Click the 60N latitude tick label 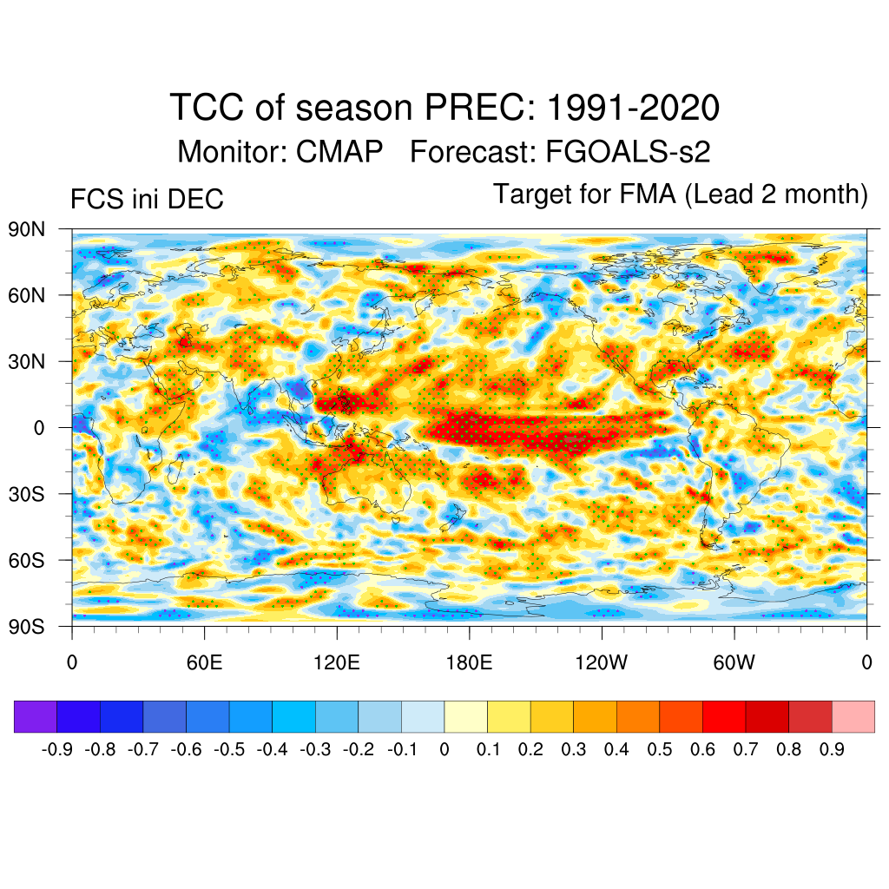coord(26,295)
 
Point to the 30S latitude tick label coord(26,494)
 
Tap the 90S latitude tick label coord(26,626)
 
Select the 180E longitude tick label coord(469,664)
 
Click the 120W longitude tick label coord(601,664)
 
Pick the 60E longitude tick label coord(205,664)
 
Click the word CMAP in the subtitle coord(339,152)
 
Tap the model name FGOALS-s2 coord(628,152)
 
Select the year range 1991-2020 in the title coord(633,109)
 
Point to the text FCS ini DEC coord(147,199)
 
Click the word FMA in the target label coord(646,194)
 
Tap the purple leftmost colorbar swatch coord(36,717)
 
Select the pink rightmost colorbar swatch coord(853,717)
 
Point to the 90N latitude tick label coord(26,229)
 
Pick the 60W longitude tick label coord(734,664)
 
